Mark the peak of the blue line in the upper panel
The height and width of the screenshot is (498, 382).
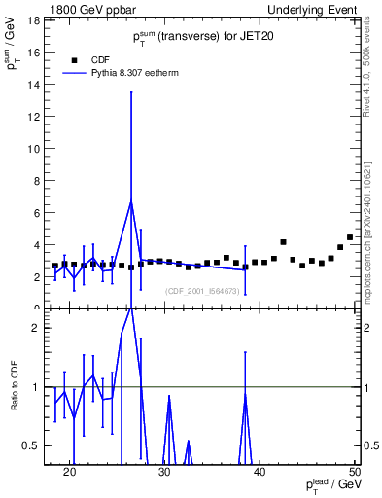pyautogui.click(x=131, y=201)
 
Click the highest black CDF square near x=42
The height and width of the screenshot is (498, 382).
pyautogui.click(x=283, y=242)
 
